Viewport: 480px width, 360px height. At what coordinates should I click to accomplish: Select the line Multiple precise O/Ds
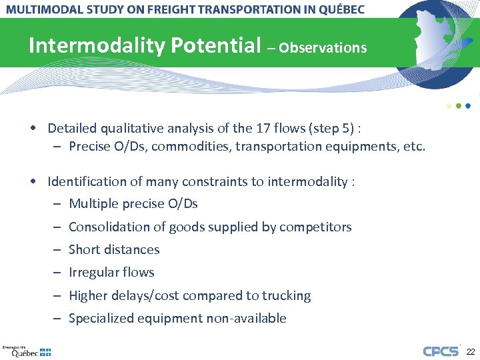[133, 204]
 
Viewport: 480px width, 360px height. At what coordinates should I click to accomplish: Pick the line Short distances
[114, 249]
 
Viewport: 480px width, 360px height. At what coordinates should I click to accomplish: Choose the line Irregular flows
[111, 272]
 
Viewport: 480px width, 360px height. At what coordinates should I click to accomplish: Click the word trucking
[287, 295]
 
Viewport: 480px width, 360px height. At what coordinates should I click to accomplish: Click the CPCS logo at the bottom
[441, 351]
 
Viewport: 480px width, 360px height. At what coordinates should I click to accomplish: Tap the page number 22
[470, 351]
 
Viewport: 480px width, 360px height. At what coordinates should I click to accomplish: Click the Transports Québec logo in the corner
[27, 351]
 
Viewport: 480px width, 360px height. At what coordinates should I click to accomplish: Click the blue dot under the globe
[468, 105]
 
